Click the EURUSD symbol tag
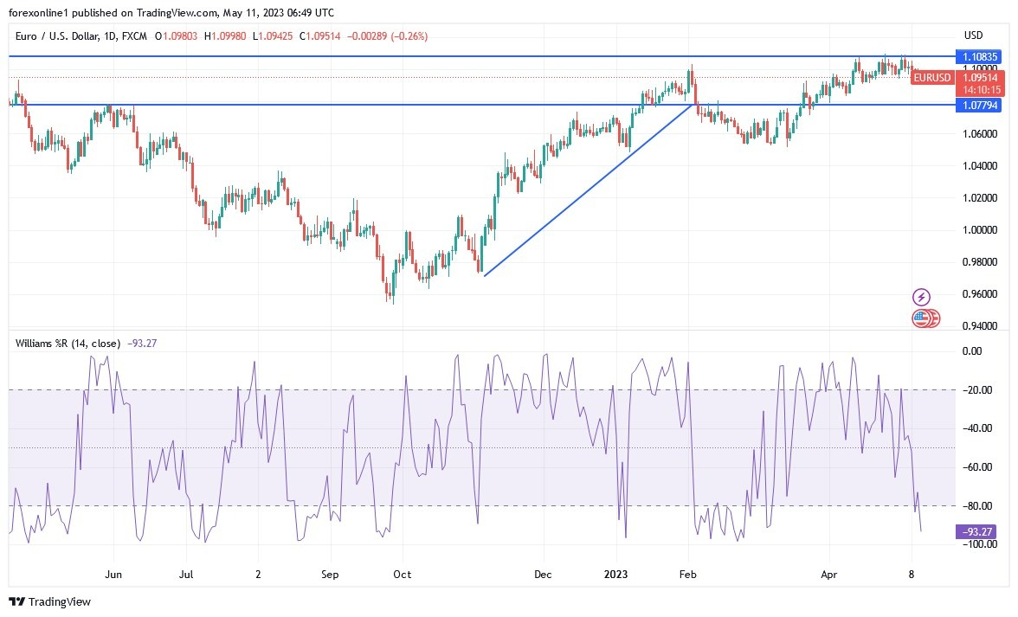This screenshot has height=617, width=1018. coord(931,77)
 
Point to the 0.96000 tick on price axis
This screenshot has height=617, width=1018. coord(980,294)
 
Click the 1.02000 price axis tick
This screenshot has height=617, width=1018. coord(980,198)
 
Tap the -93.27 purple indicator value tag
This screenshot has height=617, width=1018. coord(976,531)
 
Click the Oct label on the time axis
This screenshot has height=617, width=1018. coord(402,574)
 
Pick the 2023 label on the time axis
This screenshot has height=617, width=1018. coord(616,574)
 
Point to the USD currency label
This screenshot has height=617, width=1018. coord(973,35)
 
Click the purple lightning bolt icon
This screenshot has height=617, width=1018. coord(921,297)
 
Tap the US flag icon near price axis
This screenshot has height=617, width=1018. coord(921,318)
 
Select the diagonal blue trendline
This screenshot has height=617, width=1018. coord(589,190)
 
